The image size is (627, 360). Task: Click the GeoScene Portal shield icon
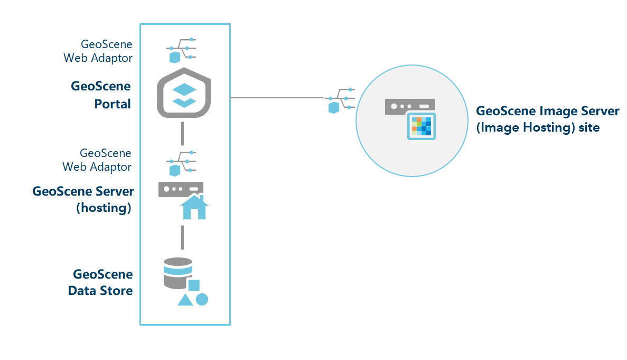(x=184, y=93)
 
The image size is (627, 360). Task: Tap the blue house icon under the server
(x=194, y=207)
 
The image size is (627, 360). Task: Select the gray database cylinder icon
(x=177, y=273)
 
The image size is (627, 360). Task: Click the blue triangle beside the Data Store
(x=185, y=300)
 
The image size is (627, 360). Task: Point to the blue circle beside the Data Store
(x=202, y=299)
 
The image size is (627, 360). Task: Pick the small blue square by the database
(x=194, y=285)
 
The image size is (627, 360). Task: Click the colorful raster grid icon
(x=421, y=126)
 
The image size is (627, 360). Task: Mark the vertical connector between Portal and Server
(x=182, y=133)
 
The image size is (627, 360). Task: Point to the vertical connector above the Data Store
(x=182, y=237)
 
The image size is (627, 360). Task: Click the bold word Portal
(x=113, y=104)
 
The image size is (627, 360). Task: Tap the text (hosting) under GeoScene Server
(x=104, y=208)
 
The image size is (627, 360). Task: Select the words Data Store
(x=100, y=290)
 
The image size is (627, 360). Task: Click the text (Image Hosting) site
(x=538, y=127)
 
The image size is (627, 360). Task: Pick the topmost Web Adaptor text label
(x=98, y=58)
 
